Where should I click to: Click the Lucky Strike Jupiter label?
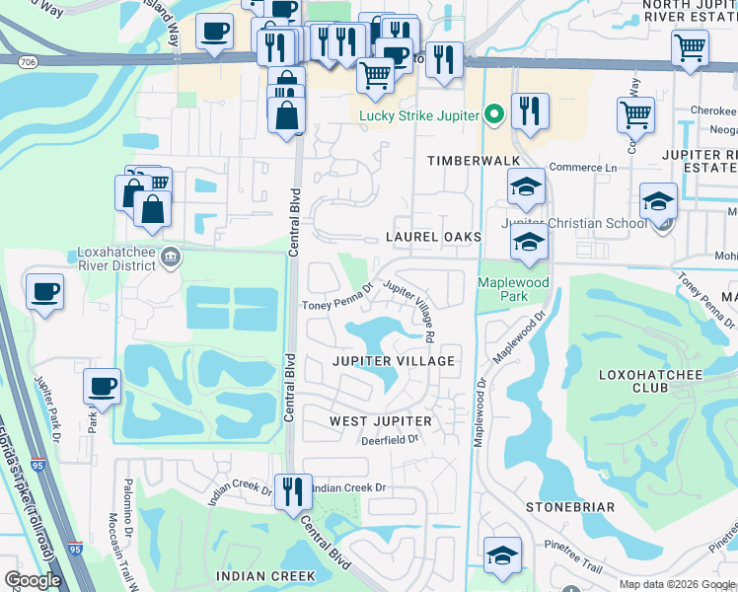click(419, 114)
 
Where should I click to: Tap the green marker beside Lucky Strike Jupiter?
click(494, 114)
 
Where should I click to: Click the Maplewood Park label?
click(513, 289)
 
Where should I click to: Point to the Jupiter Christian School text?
click(574, 223)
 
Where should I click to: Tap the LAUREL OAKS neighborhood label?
click(433, 237)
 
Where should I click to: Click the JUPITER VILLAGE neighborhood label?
click(393, 361)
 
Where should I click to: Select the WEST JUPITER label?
click(381, 421)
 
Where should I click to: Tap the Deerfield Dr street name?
click(391, 440)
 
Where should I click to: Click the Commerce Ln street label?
click(582, 168)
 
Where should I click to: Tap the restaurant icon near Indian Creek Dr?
click(292, 491)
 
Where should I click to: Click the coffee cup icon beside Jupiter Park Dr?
click(103, 386)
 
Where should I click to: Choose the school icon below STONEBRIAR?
click(502, 554)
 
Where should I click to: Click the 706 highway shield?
click(28, 62)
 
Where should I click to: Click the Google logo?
click(34, 580)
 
